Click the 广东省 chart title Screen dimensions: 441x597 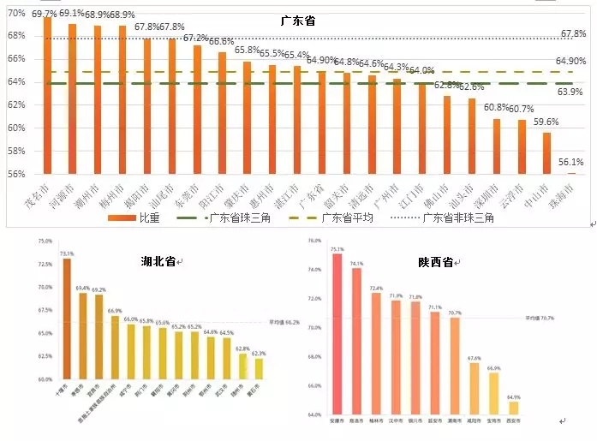298,20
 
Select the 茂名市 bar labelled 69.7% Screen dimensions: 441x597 47,94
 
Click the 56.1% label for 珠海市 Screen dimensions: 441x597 570,161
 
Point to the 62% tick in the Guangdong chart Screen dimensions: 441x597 18,104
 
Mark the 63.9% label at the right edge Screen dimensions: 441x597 570,92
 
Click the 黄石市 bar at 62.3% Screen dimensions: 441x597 259,368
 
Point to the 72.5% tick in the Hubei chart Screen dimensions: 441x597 45,265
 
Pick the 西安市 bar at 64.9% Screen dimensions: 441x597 513,408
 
